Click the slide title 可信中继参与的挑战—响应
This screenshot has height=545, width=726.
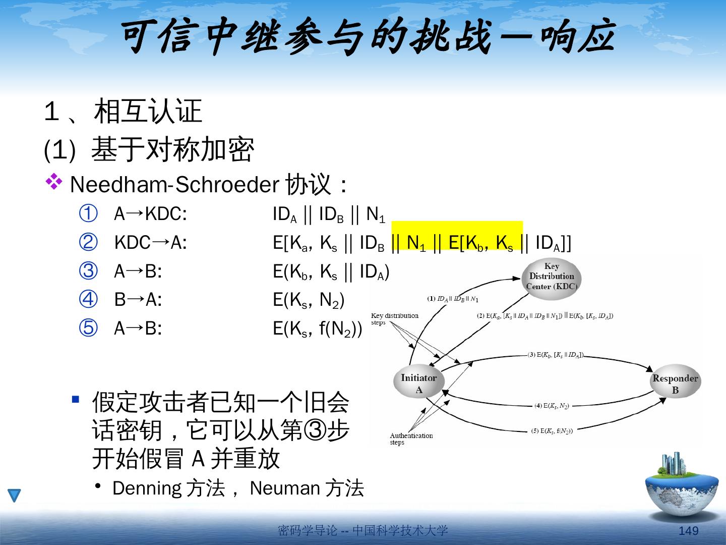[368, 38]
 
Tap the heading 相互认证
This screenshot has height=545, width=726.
[148, 112]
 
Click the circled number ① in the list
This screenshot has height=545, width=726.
[88, 214]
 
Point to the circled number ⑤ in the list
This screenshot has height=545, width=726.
[88, 329]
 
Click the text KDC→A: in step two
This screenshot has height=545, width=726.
[150, 243]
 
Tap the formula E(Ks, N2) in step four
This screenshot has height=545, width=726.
[308, 300]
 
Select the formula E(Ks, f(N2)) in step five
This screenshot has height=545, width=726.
[317, 329]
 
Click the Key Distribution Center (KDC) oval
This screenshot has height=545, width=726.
[552, 276]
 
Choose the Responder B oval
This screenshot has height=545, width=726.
[675, 384]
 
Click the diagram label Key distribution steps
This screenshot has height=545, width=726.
[394, 319]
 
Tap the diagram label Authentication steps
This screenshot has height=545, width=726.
[411, 439]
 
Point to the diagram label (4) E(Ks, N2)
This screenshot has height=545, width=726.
[552, 406]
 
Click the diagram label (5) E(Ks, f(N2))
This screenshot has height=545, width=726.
[552, 431]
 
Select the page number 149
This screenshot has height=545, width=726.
[689, 530]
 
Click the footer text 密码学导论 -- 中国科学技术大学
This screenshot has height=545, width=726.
[362, 530]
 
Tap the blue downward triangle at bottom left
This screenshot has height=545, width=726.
[15, 496]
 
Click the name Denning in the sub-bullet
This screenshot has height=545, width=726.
[147, 488]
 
